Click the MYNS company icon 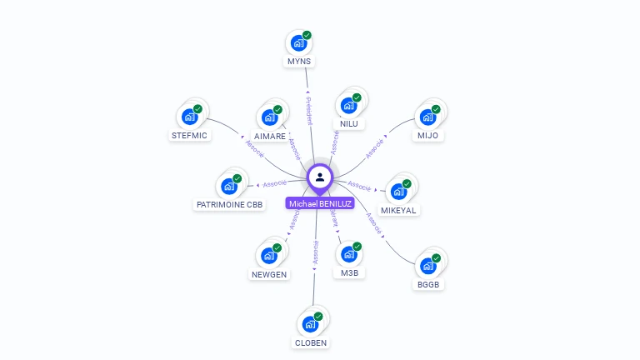coord(298,43)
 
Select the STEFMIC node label coord(189,135)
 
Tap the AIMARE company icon coord(269,117)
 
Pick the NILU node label coord(349,124)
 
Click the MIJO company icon coord(427,117)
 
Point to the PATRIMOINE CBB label coord(229,204)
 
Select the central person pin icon coord(320,177)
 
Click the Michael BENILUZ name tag coord(320,203)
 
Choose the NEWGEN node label coord(269,274)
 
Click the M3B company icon coord(348,254)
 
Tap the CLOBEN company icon coord(310,323)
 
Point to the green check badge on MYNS coord(307,36)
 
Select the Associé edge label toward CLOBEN coord(315,253)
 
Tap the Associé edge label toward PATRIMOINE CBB coord(275,182)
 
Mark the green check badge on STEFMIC coord(197,109)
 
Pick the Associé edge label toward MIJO coord(376,147)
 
